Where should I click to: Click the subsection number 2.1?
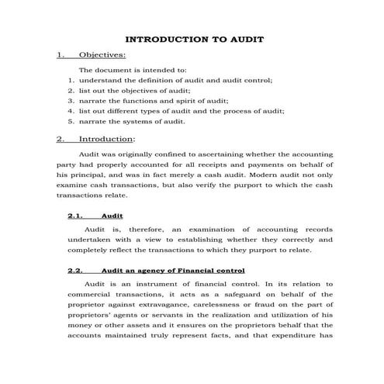(x=75, y=216)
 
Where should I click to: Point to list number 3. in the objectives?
(x=71, y=101)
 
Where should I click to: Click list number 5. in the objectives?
(x=71, y=122)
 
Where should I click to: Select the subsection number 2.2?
(x=75, y=272)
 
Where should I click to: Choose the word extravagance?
(x=161, y=306)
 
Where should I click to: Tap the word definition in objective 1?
(x=161, y=80)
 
